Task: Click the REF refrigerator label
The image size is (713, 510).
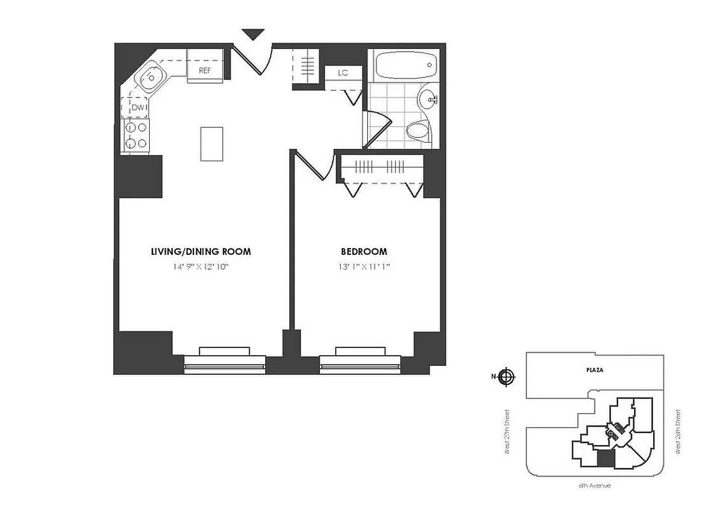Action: tap(205, 71)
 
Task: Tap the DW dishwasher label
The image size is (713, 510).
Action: tap(138, 108)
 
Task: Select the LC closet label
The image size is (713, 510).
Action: tap(343, 73)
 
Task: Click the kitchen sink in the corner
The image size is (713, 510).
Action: tap(150, 79)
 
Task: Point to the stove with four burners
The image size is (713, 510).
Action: tap(136, 136)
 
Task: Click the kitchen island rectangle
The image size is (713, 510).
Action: tap(212, 143)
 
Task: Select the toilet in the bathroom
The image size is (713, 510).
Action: tap(418, 131)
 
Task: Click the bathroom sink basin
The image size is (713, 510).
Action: tap(428, 99)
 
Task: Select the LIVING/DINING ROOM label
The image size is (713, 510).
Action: tap(201, 252)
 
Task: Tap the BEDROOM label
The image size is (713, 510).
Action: tap(364, 252)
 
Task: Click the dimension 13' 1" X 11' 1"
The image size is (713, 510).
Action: tap(364, 267)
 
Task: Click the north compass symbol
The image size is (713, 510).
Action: tap(507, 377)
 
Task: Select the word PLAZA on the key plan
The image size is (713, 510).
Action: tap(595, 370)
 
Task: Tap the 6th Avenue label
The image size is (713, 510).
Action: tap(594, 486)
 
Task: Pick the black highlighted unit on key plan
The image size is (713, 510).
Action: tap(606, 458)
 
